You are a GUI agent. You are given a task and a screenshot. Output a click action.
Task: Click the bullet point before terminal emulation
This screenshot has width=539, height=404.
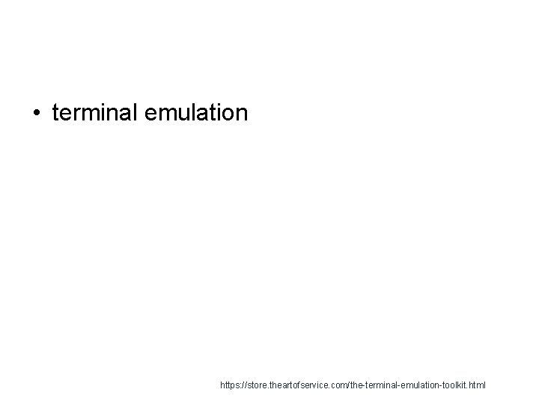[x=37, y=114]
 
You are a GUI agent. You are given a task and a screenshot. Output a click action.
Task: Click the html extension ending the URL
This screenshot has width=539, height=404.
[x=478, y=386]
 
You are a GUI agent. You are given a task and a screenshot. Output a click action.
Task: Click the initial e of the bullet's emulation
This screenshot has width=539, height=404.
[x=143, y=114]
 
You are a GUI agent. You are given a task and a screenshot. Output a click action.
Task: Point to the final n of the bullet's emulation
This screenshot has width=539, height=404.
[x=241, y=114]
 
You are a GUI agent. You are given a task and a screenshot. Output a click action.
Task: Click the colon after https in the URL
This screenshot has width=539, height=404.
[x=242, y=387]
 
